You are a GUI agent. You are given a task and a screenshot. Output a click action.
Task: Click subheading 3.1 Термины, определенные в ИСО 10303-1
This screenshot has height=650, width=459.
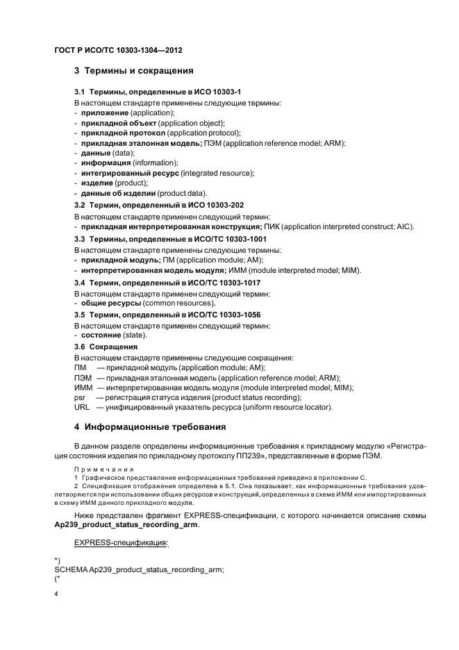[x=157, y=92]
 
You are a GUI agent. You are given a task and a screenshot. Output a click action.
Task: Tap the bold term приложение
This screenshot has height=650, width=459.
[x=105, y=112]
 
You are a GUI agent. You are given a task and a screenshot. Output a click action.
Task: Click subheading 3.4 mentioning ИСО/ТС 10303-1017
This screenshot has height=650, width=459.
[x=162, y=283]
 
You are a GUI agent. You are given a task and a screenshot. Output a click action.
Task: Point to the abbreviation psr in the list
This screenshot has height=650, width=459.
[x=78, y=397]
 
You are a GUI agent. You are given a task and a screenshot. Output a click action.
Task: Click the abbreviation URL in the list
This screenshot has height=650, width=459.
[x=81, y=407]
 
